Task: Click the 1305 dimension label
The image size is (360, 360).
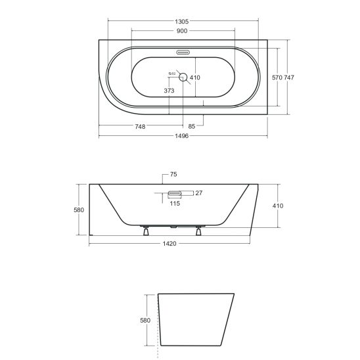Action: [181, 22]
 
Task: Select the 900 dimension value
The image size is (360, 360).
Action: [182, 31]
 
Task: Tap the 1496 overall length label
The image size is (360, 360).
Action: [181, 136]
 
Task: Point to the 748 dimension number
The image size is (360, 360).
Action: [140, 127]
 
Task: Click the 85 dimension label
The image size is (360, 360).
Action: [191, 126]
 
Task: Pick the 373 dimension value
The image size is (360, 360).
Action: [169, 91]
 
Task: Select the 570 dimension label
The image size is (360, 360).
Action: [277, 78]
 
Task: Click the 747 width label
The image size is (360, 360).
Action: [289, 78]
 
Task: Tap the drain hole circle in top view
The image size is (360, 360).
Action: [183, 77]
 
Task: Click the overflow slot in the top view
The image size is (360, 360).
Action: [183, 53]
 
